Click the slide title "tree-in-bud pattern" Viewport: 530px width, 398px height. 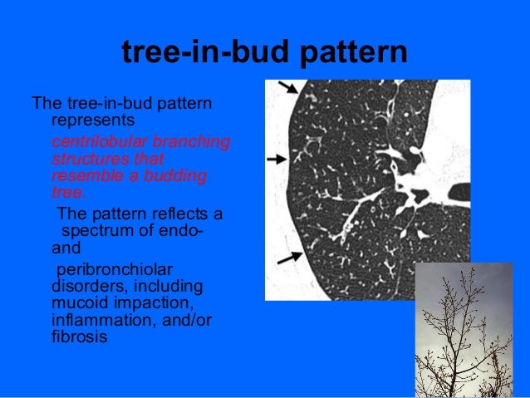pyautogui.click(x=264, y=52)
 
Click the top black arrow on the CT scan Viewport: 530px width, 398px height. pyautogui.click(x=286, y=86)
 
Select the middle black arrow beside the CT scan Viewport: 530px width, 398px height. pyautogui.click(x=277, y=158)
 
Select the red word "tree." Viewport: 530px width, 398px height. pyautogui.click(x=68, y=193)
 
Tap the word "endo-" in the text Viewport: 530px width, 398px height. pyautogui.click(x=177, y=231)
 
